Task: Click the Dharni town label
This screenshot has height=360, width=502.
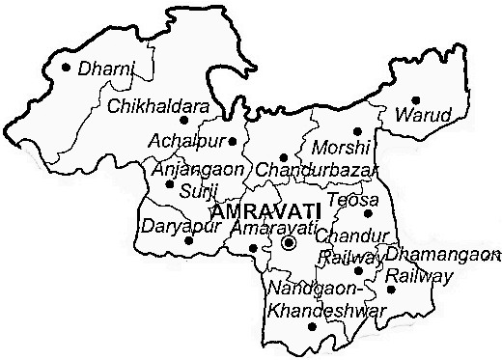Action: [105, 70]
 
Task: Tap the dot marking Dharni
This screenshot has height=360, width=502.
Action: [67, 68]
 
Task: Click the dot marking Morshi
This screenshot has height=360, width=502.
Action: [356, 131]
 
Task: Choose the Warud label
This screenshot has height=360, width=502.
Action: [424, 116]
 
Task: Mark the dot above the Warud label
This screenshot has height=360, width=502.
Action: [416, 99]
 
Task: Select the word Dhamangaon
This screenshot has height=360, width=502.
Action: [443, 255]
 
